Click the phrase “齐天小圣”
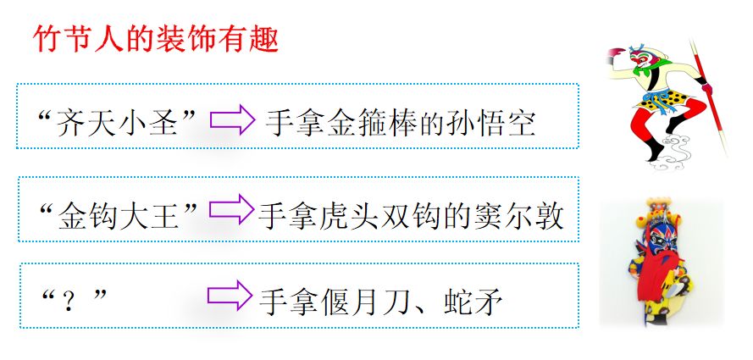[118, 124]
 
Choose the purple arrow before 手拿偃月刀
[230, 296]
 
